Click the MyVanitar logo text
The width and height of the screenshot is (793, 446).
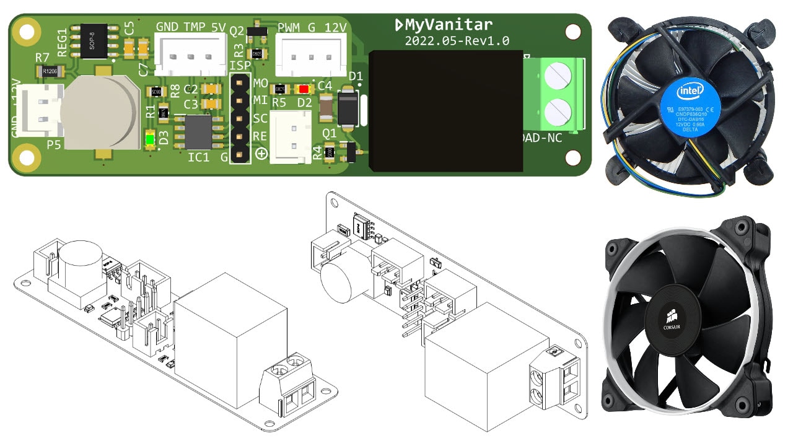click(444, 25)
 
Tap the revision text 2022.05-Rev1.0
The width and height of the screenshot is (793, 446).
click(457, 42)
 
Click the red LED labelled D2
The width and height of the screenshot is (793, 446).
click(304, 89)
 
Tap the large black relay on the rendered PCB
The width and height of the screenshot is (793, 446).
click(445, 111)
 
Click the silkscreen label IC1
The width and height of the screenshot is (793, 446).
click(198, 157)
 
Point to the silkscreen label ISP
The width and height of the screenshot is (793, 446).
click(240, 66)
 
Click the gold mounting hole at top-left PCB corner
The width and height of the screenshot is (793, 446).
click(27, 30)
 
